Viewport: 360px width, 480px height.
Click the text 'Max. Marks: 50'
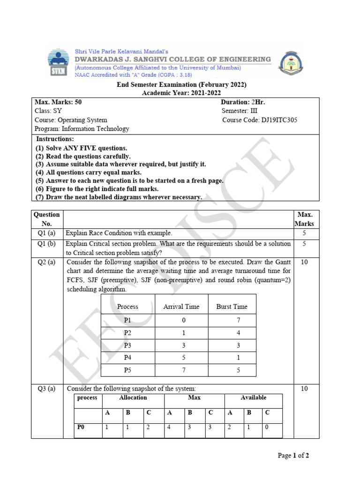click(x=55, y=102)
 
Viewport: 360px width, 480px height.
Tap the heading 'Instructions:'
click(x=55, y=139)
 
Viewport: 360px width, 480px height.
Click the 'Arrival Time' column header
click(x=181, y=307)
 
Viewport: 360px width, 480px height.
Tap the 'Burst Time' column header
click(x=232, y=307)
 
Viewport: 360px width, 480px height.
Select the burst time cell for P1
click(x=232, y=320)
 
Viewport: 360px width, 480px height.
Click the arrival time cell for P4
click(x=184, y=358)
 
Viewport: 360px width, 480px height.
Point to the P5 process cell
click(x=128, y=370)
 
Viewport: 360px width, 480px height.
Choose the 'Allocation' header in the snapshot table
click(x=133, y=397)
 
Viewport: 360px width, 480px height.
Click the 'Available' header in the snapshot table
click(x=253, y=397)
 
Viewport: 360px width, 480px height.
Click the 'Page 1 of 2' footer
click(x=293, y=456)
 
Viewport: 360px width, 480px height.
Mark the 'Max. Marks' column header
click(x=304, y=219)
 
